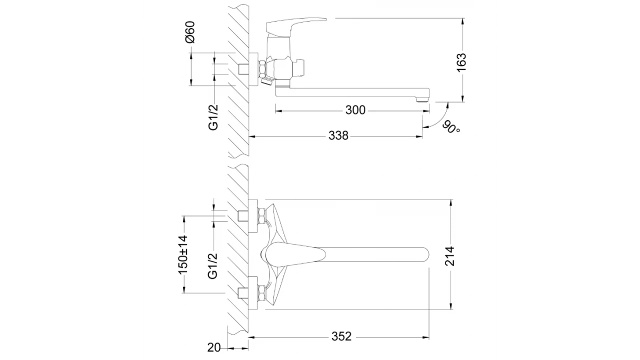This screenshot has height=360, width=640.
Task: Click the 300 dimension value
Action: pos(355,110)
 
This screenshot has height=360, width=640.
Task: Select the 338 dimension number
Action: pos(338,135)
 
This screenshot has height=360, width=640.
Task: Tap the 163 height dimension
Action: pos(461,62)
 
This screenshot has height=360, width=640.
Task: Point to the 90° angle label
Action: pos(451,127)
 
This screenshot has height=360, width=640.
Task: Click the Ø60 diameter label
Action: pos(190,32)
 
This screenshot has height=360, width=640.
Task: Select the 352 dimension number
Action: pos(341,336)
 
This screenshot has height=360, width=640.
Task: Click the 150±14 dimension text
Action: pos(183,255)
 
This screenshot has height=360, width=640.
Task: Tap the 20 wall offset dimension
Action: pos(214,347)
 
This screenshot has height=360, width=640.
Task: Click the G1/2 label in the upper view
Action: pos(213,117)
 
